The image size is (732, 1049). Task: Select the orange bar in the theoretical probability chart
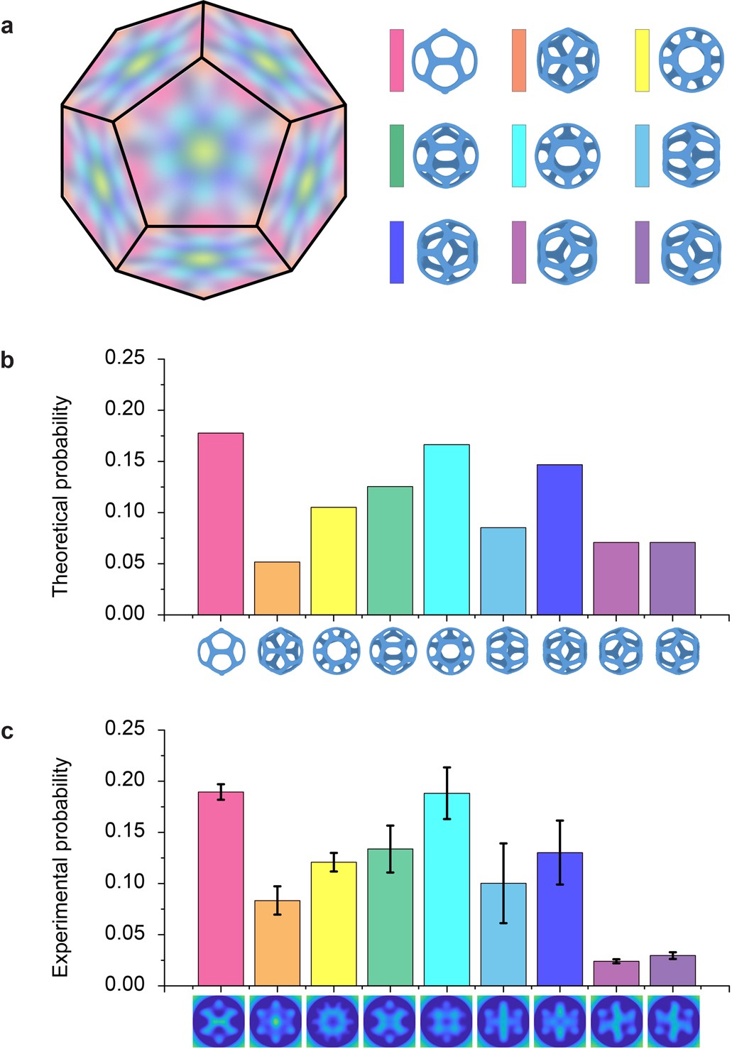click(x=277, y=588)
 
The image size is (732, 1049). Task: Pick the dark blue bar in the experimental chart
click(x=559, y=919)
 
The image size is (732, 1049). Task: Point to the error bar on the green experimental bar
click(x=390, y=848)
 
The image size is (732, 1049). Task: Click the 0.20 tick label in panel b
click(x=125, y=410)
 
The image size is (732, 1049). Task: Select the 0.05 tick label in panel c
click(x=125, y=934)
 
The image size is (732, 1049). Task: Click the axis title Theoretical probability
click(x=62, y=496)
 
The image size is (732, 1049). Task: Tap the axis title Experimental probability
click(x=62, y=867)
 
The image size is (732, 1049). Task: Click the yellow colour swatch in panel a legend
click(x=642, y=60)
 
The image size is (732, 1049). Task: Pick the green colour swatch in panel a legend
click(x=397, y=156)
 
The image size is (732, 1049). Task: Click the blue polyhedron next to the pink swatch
click(x=444, y=61)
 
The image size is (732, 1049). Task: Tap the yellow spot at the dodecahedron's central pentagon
click(x=204, y=150)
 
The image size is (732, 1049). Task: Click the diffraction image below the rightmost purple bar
click(x=672, y=1021)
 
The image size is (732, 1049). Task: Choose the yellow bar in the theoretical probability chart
click(x=334, y=561)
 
